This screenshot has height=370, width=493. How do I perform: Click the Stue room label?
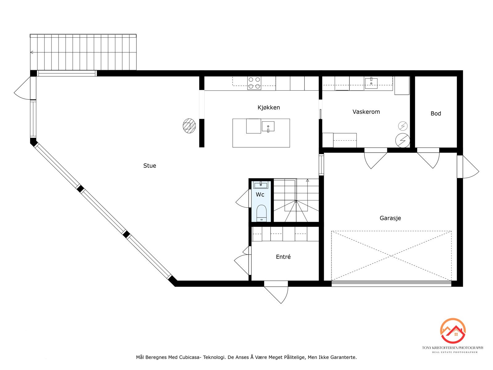(150, 166)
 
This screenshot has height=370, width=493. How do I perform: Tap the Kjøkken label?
(269, 108)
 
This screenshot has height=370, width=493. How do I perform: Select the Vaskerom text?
(366, 112)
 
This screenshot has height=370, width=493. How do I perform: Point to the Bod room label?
(436, 114)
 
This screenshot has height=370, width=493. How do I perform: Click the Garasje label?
(390, 218)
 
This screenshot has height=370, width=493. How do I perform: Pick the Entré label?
(283, 257)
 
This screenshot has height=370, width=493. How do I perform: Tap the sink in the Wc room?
(261, 185)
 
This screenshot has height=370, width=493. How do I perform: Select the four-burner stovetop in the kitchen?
(254, 83)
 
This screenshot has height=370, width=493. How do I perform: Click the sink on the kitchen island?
(268, 126)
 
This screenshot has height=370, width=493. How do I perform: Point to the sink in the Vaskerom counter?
(371, 83)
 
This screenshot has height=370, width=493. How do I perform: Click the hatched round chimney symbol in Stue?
(189, 126)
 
